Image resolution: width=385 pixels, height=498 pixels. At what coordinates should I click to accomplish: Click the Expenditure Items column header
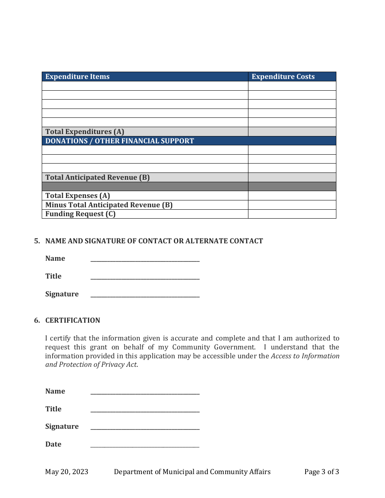[77, 77]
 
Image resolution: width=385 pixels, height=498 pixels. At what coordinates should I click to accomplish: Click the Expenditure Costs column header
[283, 77]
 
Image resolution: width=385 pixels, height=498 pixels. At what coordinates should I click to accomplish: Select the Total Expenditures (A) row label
[85, 132]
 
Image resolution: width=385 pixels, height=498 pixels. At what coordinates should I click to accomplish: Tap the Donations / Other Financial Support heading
[120, 141]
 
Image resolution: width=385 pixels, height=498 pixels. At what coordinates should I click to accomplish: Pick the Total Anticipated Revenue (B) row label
[97, 177]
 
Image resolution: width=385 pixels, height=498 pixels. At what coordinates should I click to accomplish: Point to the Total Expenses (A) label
[77, 196]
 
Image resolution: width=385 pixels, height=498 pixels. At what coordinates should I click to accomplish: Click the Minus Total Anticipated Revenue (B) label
[109, 205]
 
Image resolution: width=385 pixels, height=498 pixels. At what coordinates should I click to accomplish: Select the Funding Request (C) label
[80, 214]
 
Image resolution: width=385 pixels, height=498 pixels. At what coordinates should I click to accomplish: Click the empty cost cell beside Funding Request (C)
[292, 214]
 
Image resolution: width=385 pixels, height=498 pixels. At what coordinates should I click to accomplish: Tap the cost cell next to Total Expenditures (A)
[292, 132]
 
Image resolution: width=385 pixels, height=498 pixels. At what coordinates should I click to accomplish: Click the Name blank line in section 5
[145, 259]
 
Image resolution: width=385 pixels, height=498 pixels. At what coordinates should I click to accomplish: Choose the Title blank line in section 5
[145, 277]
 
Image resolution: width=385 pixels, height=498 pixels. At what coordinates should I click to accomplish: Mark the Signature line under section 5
[145, 295]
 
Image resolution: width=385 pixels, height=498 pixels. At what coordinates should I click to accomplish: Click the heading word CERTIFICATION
[73, 320]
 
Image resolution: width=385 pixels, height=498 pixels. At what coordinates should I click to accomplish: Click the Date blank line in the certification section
[145, 445]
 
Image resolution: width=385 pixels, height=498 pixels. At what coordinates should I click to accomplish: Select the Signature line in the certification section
[145, 427]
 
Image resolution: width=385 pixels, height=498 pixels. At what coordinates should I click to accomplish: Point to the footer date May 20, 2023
[66, 472]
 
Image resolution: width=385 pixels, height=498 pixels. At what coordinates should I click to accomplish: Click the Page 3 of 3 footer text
[321, 472]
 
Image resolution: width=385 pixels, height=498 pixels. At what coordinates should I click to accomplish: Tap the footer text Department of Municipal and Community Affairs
[192, 472]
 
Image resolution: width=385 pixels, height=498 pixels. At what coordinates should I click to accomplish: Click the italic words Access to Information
[305, 356]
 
